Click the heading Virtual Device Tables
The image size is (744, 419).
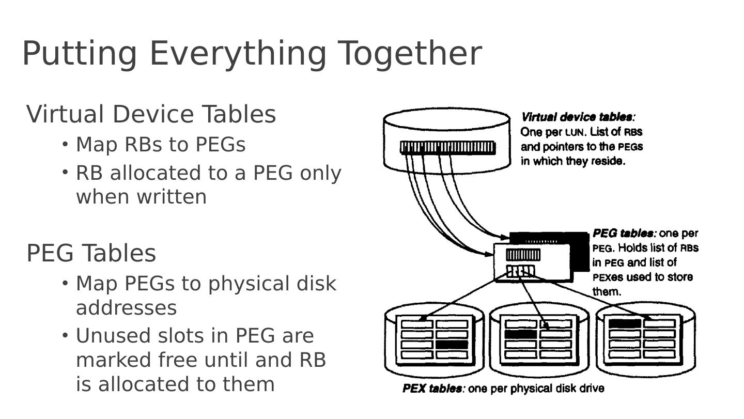tap(151, 114)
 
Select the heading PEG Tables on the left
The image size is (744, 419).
tap(91, 253)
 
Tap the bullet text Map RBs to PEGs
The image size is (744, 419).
tap(160, 145)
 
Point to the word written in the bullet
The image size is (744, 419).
tap(171, 197)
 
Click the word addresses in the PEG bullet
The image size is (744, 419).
tap(126, 308)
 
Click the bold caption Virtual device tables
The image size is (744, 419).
tap(577, 117)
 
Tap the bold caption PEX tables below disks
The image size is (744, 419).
tap(432, 389)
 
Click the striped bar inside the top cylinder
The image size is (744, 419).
tap(447, 148)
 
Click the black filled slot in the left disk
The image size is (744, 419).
tap(452, 344)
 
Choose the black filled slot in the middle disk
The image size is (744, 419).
tap(521, 334)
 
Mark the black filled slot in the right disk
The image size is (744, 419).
tap(625, 323)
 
